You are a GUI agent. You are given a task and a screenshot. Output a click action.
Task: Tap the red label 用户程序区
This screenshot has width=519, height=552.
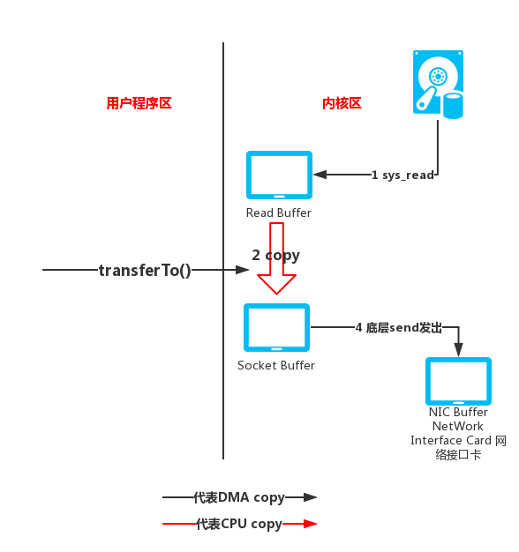[x=139, y=103]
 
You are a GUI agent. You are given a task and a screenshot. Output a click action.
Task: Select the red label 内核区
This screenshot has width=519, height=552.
[x=342, y=103]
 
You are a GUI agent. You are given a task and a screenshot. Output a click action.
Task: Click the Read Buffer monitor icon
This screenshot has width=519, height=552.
[x=279, y=175]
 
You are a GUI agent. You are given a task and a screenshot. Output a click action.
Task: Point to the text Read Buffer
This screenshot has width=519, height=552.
[x=279, y=213]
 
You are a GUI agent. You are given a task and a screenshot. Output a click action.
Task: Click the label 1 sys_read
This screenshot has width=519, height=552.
[x=402, y=175]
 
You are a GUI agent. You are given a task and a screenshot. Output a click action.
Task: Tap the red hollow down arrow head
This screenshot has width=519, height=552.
[x=276, y=284]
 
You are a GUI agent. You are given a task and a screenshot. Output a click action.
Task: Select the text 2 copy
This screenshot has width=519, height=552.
[x=275, y=255]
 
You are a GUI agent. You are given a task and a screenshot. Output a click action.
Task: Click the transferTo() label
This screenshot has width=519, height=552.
[x=145, y=270]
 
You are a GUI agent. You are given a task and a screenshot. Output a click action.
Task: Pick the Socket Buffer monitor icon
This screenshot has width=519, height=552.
[x=276, y=327]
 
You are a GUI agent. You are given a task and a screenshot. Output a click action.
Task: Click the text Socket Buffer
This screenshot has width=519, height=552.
[x=276, y=365]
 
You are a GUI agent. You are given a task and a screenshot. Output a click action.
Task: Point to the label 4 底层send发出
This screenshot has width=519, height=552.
[x=398, y=327]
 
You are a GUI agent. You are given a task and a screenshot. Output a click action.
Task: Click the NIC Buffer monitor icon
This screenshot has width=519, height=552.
[x=458, y=381]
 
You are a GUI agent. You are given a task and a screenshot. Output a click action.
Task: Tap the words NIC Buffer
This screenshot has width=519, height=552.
[x=458, y=412]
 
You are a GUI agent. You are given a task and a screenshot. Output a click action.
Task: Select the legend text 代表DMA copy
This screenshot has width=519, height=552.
[x=239, y=497]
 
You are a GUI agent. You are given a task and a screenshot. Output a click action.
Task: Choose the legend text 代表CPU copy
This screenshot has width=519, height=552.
[x=238, y=524]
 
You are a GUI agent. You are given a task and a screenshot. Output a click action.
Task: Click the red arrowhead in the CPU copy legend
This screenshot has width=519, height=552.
[x=310, y=524]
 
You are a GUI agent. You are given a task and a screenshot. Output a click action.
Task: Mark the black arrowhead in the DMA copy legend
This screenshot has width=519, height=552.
[x=310, y=497]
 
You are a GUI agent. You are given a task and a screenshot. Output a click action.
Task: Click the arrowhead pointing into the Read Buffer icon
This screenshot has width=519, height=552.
[x=320, y=175]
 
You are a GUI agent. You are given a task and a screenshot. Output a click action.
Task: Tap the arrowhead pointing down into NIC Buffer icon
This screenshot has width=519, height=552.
[x=458, y=350]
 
